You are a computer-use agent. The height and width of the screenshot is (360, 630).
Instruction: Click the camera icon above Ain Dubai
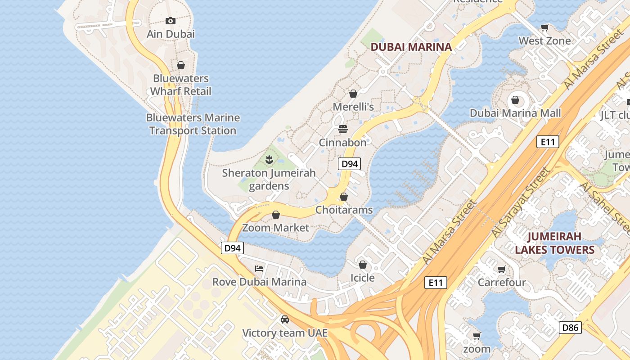[x=170, y=21]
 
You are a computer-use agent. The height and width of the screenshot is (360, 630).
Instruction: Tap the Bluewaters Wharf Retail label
[x=180, y=85]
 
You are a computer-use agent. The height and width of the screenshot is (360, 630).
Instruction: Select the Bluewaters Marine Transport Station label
[x=193, y=124]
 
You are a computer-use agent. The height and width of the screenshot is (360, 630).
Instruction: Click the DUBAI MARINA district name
[x=411, y=47]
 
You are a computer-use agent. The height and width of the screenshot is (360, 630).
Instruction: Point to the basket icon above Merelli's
[x=353, y=94]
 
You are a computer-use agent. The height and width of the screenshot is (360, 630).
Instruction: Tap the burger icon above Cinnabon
[x=343, y=130]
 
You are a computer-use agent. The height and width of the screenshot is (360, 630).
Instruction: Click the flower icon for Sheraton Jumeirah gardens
[x=269, y=159]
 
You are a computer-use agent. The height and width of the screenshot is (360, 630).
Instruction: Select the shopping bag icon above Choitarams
[x=344, y=197]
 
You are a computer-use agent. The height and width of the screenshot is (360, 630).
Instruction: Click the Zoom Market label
[x=275, y=228]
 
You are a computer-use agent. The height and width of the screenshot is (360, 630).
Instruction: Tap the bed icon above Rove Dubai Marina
[x=259, y=269]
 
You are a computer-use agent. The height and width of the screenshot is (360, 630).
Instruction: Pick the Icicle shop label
[x=363, y=278]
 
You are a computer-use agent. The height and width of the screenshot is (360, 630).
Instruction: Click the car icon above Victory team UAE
[x=285, y=319]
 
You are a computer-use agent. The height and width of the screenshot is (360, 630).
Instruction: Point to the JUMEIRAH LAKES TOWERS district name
[x=554, y=243]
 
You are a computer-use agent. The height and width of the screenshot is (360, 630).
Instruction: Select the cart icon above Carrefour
[x=501, y=269]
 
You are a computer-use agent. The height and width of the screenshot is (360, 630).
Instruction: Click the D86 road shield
[x=570, y=328]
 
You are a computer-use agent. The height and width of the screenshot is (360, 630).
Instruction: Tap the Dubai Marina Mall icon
[x=515, y=100]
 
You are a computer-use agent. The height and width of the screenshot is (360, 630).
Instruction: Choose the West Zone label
[x=544, y=41]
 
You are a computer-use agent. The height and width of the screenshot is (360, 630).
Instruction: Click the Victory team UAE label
[x=285, y=333]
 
